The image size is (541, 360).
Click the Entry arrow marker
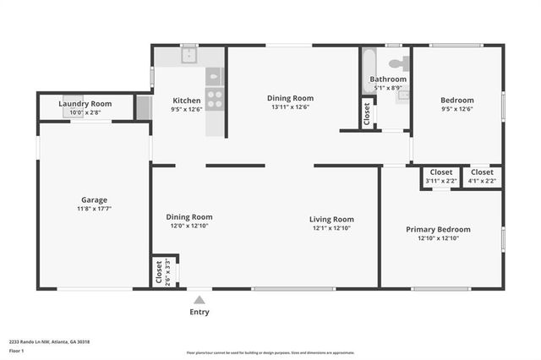[199, 299]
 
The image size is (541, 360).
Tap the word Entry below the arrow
[199, 312]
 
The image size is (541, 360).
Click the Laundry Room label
[85, 104]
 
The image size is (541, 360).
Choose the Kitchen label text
[187, 100]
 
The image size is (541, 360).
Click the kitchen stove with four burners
[215, 98]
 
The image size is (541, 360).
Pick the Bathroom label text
[388, 79]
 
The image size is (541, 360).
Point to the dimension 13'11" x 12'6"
[290, 107]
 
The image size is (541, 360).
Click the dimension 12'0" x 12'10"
[189, 226]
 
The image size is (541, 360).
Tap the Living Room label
[331, 219]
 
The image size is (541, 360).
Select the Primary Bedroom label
[438, 229]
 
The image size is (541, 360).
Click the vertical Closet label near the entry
[159, 271]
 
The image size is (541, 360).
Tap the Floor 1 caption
[17, 350]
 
